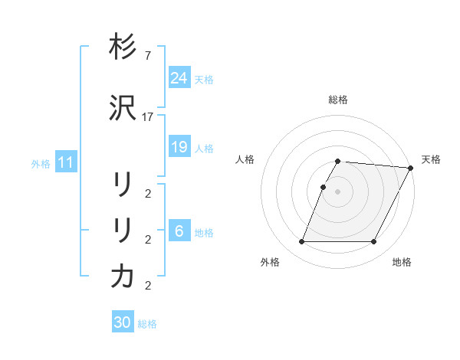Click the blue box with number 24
(x=179, y=77)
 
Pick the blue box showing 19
(x=179, y=147)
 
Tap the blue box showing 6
(x=179, y=231)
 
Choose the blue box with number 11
(x=66, y=162)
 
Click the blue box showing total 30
(x=123, y=322)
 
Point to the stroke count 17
(x=148, y=116)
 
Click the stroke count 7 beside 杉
(x=148, y=57)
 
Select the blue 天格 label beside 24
(x=204, y=79)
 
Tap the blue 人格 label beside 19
(x=204, y=149)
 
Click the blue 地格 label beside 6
(x=204, y=233)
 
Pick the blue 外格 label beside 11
(x=41, y=163)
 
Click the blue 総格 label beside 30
(x=147, y=324)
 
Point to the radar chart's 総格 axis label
(x=338, y=100)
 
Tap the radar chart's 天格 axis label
(x=431, y=159)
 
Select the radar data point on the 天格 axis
(x=411, y=168)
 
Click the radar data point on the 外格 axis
(x=301, y=242)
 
